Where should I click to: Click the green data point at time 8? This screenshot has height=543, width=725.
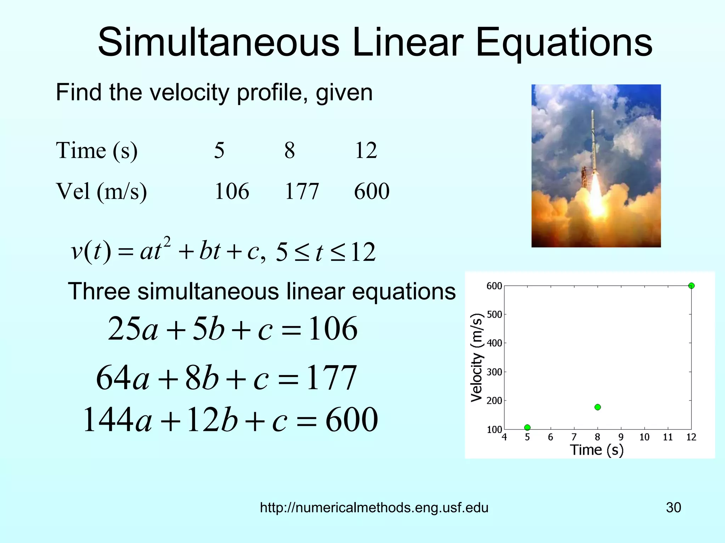pos(598,407)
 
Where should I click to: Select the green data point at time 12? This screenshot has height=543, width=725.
pos(691,286)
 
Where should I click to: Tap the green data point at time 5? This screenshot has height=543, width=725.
pos(527,427)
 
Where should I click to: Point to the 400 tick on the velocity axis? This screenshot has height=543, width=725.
pos(495,343)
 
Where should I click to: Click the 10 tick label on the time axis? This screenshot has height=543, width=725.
pos(644,437)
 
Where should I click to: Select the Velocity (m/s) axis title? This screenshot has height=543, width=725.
pos(476,358)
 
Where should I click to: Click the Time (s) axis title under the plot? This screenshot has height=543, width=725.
pos(596,450)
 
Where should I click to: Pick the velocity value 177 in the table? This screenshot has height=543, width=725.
pos(302,192)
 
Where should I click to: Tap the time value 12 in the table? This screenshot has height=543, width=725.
pos(366,151)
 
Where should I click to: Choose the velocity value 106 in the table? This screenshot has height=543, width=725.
pos(232,192)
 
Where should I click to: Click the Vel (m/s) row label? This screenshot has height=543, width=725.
pos(101,192)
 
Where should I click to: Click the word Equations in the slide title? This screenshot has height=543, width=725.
pos(564,43)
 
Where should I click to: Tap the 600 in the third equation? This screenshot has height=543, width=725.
pos(352,420)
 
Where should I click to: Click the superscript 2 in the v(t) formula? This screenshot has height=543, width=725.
pos(167,243)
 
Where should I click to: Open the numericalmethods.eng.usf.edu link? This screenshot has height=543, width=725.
pos(374,508)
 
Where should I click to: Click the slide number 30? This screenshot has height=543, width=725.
pos(673,508)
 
